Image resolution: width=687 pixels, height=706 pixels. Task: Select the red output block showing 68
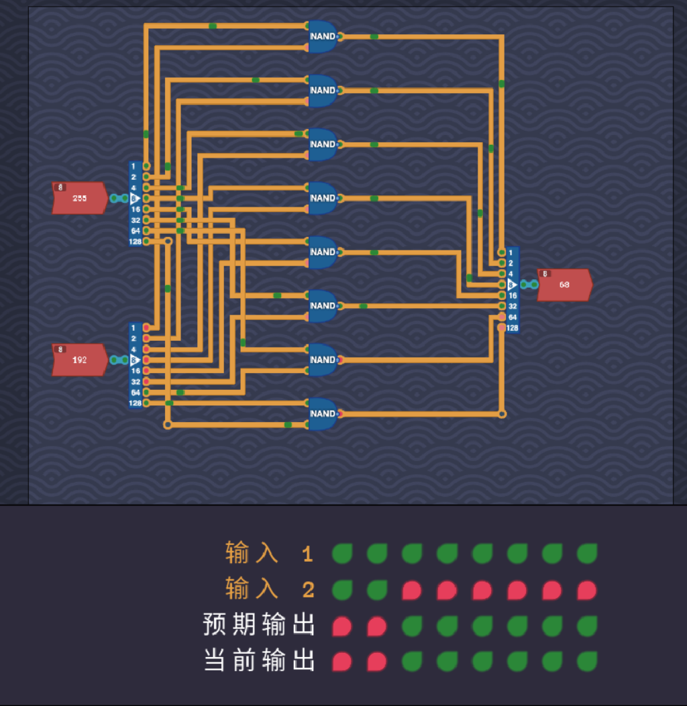click(564, 285)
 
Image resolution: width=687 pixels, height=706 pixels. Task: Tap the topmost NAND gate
click(323, 36)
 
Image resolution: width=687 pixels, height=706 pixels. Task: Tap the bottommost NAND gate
click(323, 413)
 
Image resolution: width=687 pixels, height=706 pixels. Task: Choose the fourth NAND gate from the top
click(323, 198)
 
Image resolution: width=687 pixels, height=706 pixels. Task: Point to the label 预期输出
click(259, 625)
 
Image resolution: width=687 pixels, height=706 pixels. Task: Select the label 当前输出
click(259, 661)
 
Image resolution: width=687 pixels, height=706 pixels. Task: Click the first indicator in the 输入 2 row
click(342, 590)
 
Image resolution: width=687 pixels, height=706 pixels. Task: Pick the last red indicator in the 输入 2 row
click(587, 590)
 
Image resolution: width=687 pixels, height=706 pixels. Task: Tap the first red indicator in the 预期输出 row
click(342, 625)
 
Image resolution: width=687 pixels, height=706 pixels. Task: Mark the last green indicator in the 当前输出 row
click(587, 661)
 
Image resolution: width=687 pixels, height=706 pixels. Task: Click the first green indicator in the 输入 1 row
click(342, 554)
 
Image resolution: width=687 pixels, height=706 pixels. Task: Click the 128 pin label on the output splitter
click(513, 328)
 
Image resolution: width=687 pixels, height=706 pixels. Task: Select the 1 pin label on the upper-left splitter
click(134, 166)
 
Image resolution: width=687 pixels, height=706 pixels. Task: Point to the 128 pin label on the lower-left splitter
click(136, 403)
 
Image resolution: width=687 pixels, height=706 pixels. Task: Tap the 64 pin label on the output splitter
click(513, 317)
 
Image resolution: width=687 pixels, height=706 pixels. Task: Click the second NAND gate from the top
click(323, 90)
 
